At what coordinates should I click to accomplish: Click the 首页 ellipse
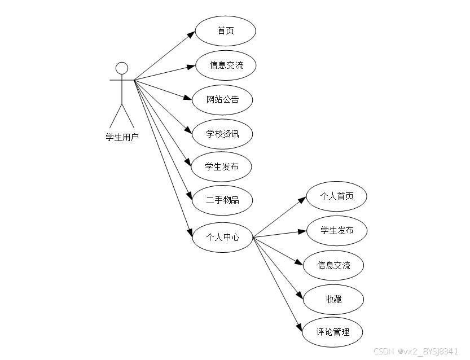[226, 31]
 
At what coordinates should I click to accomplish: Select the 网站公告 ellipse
[222, 100]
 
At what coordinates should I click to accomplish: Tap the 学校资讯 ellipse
[222, 134]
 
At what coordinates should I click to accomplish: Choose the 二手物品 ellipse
[222, 200]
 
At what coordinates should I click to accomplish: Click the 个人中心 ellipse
[222, 238]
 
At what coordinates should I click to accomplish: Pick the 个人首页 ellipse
[337, 196]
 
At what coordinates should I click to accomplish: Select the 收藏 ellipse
[333, 299]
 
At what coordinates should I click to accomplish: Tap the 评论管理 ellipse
[333, 332]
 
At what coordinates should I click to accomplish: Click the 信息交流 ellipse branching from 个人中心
[333, 265]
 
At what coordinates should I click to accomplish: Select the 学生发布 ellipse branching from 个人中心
[337, 230]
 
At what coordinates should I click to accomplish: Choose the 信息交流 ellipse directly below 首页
[226, 65]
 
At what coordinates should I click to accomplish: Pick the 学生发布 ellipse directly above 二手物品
[222, 167]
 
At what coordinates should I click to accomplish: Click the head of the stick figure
[122, 68]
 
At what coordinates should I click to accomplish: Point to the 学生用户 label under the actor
[122, 137]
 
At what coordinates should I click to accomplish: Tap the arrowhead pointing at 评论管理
[300, 325]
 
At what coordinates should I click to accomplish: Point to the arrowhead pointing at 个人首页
[302, 200]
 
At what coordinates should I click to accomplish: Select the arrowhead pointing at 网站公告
[188, 99]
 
